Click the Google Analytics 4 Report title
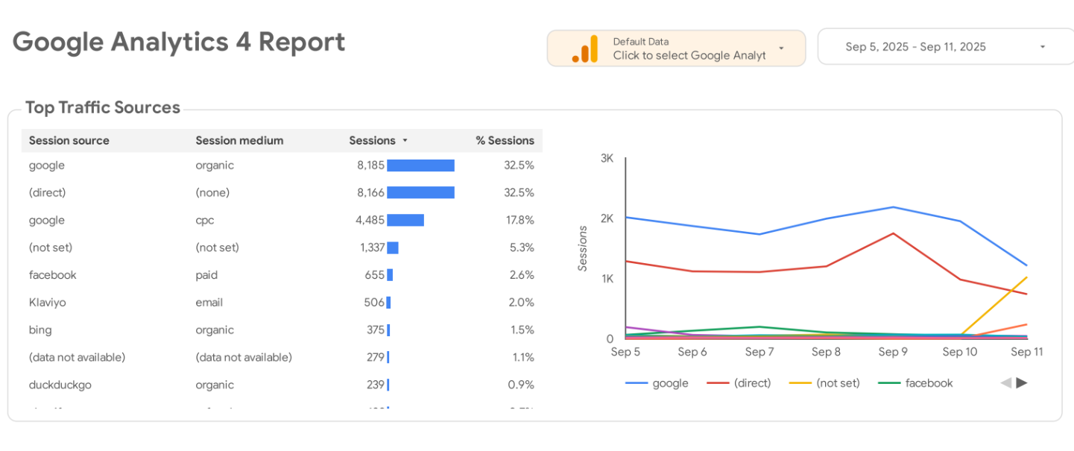pos(179,42)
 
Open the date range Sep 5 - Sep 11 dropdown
pos(945,47)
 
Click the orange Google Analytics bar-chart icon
pos(585,49)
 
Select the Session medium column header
pos(239,140)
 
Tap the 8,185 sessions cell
pos(370,165)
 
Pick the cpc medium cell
pos(205,220)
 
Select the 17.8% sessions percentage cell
pos(519,220)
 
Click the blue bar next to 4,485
pos(405,220)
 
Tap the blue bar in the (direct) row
pos(420,192)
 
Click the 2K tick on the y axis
pos(606,218)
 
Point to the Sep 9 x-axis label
pos(893,352)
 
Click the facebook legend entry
pos(928,383)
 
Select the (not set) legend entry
pos(837,383)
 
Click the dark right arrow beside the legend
pos(1022,383)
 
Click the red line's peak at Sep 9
pos(893,233)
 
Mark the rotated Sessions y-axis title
pos(584,249)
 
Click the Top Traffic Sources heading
pos(103,107)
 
